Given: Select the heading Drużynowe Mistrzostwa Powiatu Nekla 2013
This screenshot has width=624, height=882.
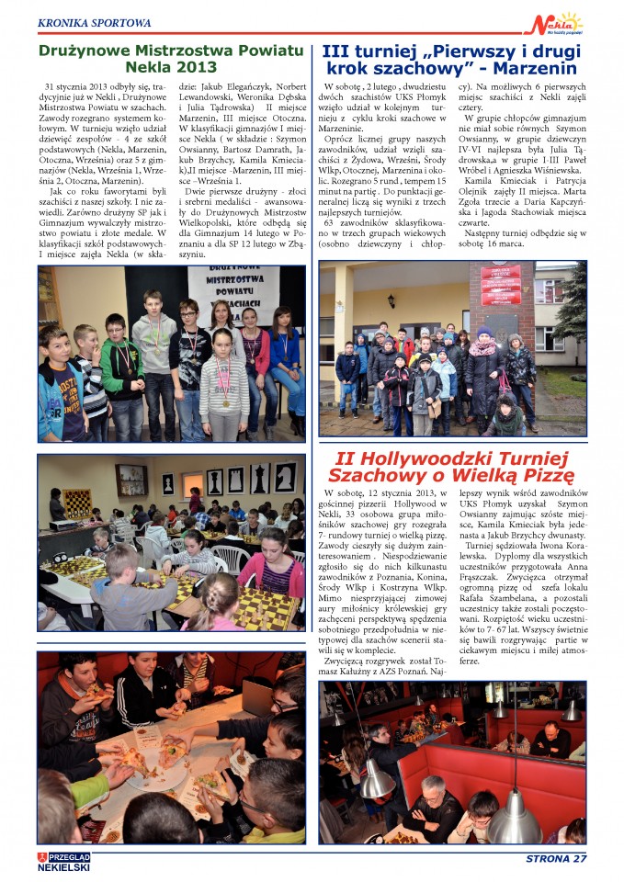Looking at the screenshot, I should pyautogui.click(x=171, y=58).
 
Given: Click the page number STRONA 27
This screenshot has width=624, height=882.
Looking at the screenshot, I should pyautogui.click(x=555, y=859).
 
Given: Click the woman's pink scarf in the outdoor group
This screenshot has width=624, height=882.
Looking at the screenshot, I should pyautogui.click(x=483, y=348).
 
